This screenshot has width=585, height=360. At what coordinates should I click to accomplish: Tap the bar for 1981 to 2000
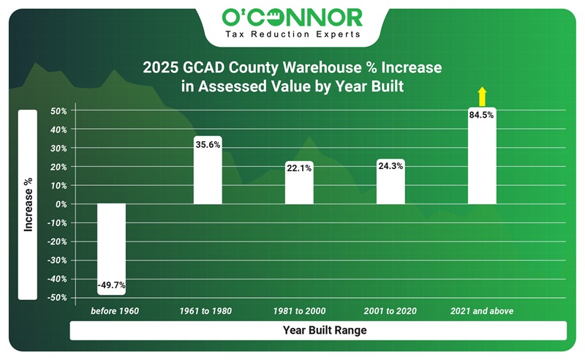point(298,183)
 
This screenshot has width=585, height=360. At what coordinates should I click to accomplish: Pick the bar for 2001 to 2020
point(390,181)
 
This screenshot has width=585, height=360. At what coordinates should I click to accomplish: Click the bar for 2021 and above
point(481,157)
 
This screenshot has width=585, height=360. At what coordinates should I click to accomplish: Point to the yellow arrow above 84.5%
point(481,96)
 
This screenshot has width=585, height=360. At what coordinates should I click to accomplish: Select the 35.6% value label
point(207,145)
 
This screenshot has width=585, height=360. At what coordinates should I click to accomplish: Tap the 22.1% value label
point(298,169)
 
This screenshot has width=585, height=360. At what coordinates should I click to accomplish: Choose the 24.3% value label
point(390,166)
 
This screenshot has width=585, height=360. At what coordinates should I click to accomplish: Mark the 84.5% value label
point(481,115)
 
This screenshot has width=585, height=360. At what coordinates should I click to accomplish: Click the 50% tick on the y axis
point(59,111)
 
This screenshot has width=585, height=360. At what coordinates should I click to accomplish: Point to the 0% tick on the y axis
point(61,204)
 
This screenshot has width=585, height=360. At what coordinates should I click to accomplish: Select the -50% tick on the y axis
point(58,298)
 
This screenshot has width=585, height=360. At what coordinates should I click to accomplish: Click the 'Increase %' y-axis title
point(28,205)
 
